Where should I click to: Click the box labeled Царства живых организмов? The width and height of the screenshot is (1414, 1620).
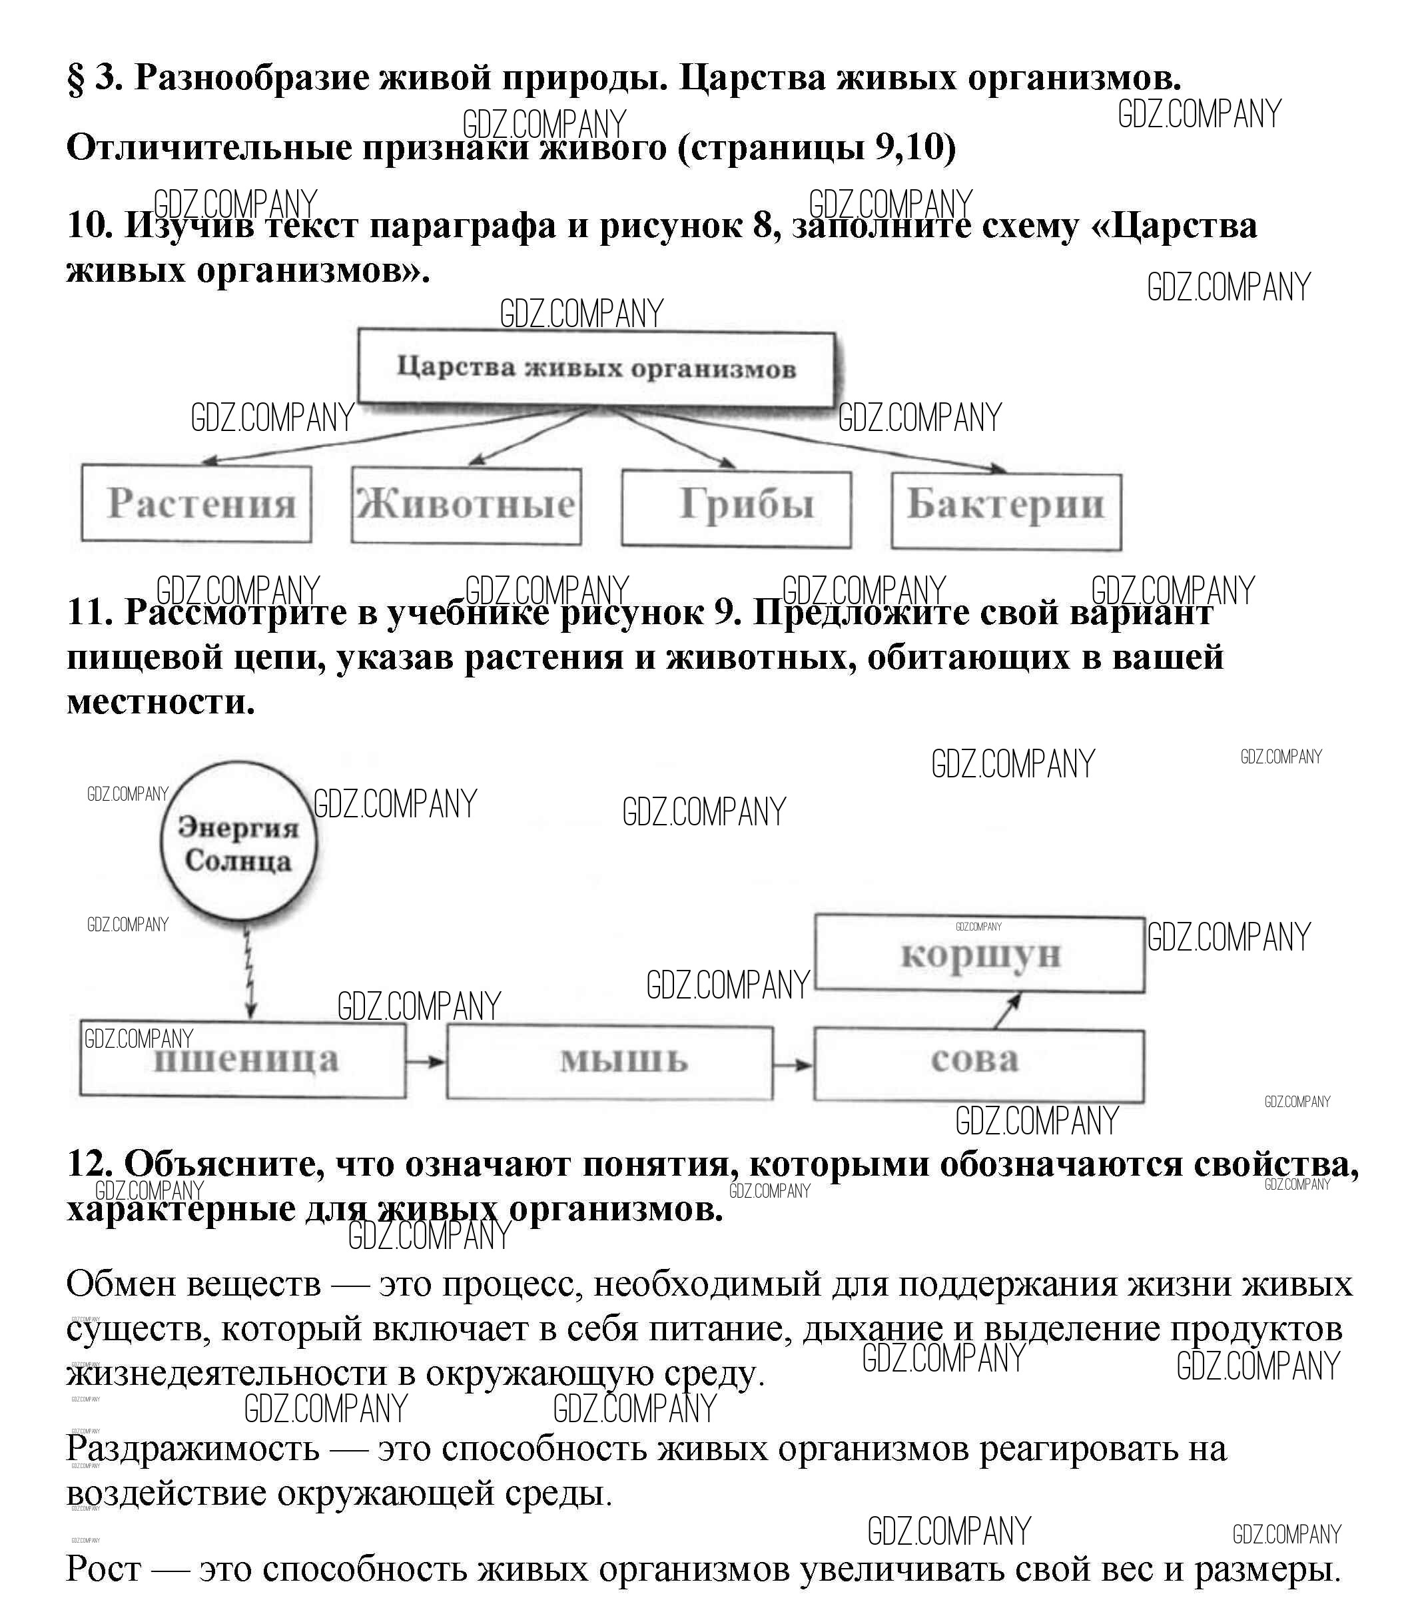pyautogui.click(x=597, y=368)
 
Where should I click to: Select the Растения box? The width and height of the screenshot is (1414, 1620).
pyautogui.click(x=196, y=504)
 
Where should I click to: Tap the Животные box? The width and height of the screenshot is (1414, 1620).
pyautogui.click(x=466, y=506)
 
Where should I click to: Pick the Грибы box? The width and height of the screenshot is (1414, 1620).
pyautogui.click(x=736, y=508)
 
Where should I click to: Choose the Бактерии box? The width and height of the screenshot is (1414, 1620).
pyautogui.click(x=1006, y=510)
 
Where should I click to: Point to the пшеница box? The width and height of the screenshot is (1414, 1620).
pyautogui.click(x=243, y=1060)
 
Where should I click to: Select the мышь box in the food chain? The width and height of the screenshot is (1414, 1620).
pyautogui.click(x=609, y=1061)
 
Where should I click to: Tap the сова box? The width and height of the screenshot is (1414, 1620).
pyautogui.click(x=978, y=1064)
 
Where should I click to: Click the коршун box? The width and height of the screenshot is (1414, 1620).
pyautogui.click(x=979, y=953)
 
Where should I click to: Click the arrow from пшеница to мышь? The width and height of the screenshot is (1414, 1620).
pyautogui.click(x=426, y=1062)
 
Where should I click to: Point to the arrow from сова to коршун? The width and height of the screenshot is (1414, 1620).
pyautogui.click(x=1007, y=1011)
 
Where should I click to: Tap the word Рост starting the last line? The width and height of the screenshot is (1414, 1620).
pyautogui.click(x=103, y=1569)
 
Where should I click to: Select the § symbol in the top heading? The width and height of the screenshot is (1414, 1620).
pyautogui.click(x=77, y=78)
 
